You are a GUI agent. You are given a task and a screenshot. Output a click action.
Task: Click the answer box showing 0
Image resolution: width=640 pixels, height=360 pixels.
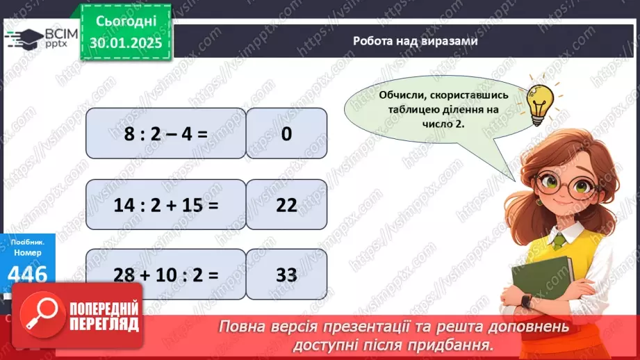click(x=286, y=133)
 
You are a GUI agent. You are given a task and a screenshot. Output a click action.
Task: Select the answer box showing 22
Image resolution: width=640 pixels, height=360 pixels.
click(x=286, y=204)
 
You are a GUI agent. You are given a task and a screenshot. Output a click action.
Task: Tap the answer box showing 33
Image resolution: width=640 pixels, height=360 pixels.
click(x=286, y=274)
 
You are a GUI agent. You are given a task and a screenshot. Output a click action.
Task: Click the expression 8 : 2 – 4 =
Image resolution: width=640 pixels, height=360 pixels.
click(x=165, y=133)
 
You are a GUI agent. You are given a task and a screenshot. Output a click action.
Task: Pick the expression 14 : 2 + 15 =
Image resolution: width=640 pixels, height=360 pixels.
click(x=165, y=204)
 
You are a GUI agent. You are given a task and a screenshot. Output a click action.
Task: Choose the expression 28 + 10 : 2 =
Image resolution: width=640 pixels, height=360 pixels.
click(x=165, y=274)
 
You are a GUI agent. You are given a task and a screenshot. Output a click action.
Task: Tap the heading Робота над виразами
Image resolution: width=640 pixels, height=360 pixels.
click(x=414, y=41)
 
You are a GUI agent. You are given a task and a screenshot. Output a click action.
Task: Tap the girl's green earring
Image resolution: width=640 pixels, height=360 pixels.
click(x=538, y=202)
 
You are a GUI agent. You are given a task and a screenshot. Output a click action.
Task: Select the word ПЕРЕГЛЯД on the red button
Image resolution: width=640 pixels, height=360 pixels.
click(x=104, y=325)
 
